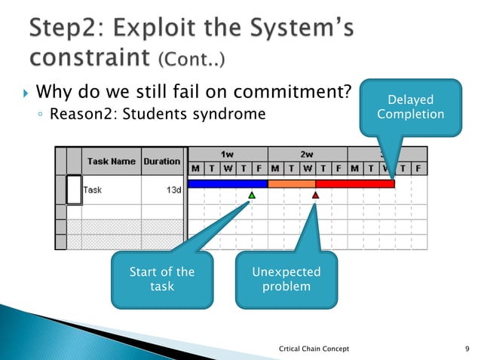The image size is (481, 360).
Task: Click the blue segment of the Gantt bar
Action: tap(227, 184)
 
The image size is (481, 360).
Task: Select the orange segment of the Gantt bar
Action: tap(291, 184)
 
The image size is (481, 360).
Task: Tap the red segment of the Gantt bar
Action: tap(354, 184)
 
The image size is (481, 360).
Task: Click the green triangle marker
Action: tap(252, 195)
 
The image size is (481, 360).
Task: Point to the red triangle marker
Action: tap(316, 195)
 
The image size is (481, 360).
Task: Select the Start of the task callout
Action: tap(161, 279)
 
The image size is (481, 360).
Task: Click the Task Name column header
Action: tap(111, 160)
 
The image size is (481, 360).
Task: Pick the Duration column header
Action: tap(162, 160)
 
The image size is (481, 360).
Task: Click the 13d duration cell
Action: tap(173, 190)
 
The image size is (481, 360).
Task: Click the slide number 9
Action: tap(467, 348)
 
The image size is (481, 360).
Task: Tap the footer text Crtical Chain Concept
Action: tap(314, 348)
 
